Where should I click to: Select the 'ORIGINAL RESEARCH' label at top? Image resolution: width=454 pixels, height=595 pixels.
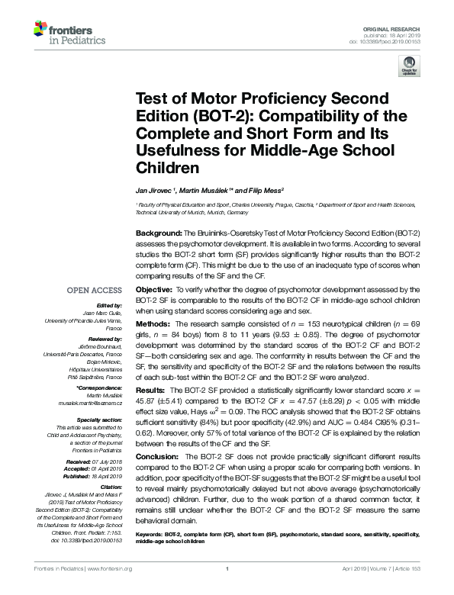pos(393,27)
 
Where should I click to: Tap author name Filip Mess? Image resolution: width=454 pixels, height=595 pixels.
pos(266,189)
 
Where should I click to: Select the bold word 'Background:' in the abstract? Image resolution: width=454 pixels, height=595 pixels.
pos(156,231)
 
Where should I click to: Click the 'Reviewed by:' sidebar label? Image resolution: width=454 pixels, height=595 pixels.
pos(106,338)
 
